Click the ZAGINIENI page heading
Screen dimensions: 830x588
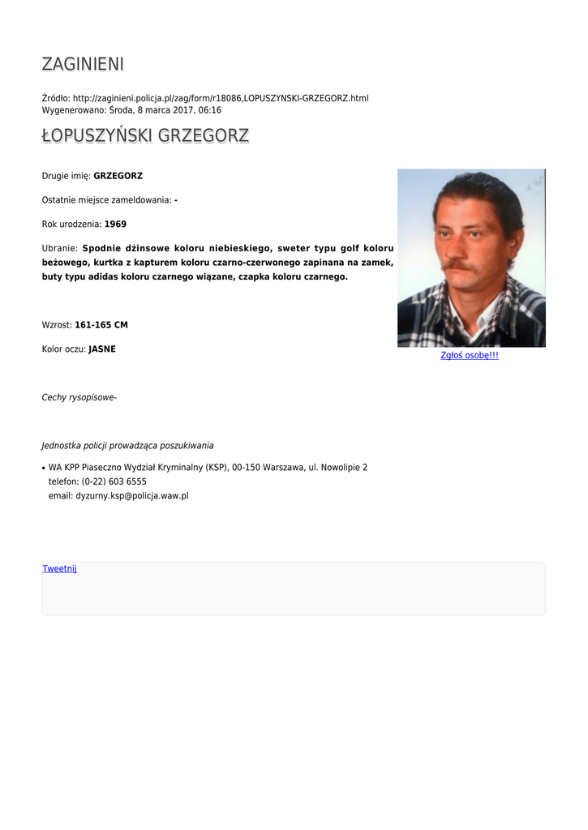point(83,64)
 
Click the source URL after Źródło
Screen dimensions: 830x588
point(221,98)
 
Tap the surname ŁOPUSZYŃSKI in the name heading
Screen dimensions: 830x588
point(97,136)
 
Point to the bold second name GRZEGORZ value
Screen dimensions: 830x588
point(118,176)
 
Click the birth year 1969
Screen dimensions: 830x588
point(115,224)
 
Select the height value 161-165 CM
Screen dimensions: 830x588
point(101,325)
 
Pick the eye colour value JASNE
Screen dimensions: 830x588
point(102,349)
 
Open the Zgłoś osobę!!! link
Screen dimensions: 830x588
point(469,356)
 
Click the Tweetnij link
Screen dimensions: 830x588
point(59,569)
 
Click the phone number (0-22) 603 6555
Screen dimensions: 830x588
point(114,481)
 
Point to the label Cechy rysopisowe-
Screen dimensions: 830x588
point(79,397)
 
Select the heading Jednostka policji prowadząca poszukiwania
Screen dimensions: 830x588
point(127,445)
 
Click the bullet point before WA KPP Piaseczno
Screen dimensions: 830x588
point(43,468)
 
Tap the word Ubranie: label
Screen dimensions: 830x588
point(59,248)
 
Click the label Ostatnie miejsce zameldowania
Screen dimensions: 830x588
point(105,199)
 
